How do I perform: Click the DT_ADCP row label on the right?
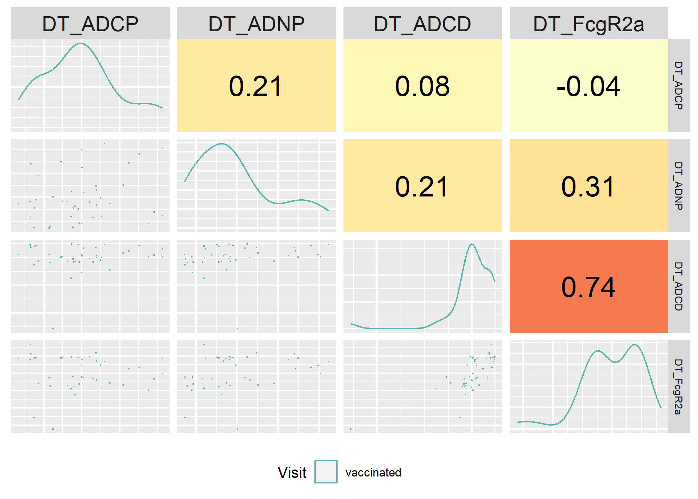(679, 85)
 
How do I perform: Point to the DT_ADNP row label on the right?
(679, 186)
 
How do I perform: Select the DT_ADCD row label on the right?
(679, 286)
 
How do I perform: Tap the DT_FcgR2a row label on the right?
(679, 387)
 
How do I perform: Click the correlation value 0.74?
(589, 287)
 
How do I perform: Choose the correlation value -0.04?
(589, 86)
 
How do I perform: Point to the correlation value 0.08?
(422, 86)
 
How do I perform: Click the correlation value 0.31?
(589, 187)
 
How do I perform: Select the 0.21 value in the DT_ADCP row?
(256, 86)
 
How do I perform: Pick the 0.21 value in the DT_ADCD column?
(422, 187)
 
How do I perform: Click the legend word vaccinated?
(373, 472)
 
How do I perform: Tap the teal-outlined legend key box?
(326, 472)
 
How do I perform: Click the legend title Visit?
(292, 472)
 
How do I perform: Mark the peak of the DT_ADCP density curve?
(80, 43)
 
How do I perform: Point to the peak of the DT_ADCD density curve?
(472, 244)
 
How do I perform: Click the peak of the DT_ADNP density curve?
(221, 143)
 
